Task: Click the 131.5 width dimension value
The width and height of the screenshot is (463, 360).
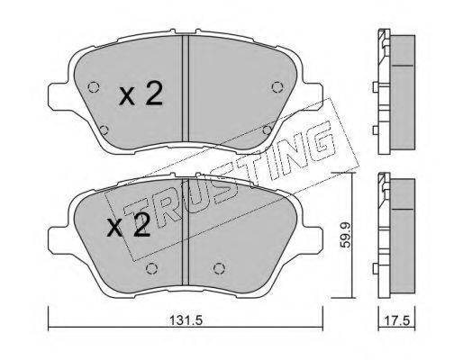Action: (x=186, y=320)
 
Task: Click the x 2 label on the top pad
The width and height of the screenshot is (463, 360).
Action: (x=141, y=94)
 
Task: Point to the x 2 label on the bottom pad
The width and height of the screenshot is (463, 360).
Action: (x=129, y=225)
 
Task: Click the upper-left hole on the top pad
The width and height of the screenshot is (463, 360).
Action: (x=94, y=87)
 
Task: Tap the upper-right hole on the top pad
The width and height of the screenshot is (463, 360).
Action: (x=277, y=87)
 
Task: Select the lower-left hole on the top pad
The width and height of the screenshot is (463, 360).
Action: (x=104, y=130)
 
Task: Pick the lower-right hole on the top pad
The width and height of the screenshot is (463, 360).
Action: (x=267, y=130)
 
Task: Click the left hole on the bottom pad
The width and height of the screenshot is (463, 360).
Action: (x=151, y=268)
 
